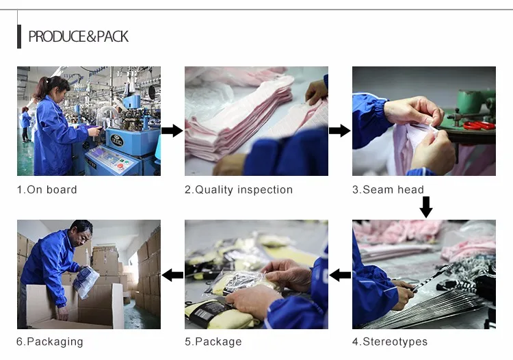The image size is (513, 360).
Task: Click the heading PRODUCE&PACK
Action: [79, 36]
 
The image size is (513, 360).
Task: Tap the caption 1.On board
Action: [47, 190]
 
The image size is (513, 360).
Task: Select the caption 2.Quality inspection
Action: [239, 190]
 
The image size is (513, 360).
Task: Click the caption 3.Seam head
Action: [388, 190]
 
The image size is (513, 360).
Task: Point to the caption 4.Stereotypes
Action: [390, 342]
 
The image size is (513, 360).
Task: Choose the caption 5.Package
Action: [213, 342]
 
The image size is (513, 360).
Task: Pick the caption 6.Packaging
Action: [50, 342]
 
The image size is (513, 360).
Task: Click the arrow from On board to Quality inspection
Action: [172, 131]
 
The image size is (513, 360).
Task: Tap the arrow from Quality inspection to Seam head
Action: [339, 131]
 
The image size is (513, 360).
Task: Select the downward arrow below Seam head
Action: [426, 207]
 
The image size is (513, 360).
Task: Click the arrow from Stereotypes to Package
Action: [340, 275]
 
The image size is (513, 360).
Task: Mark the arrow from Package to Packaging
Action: [172, 275]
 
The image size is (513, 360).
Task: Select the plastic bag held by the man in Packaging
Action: [85, 281]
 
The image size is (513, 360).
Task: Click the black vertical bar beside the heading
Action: [19, 37]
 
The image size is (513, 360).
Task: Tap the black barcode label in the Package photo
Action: [206, 311]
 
